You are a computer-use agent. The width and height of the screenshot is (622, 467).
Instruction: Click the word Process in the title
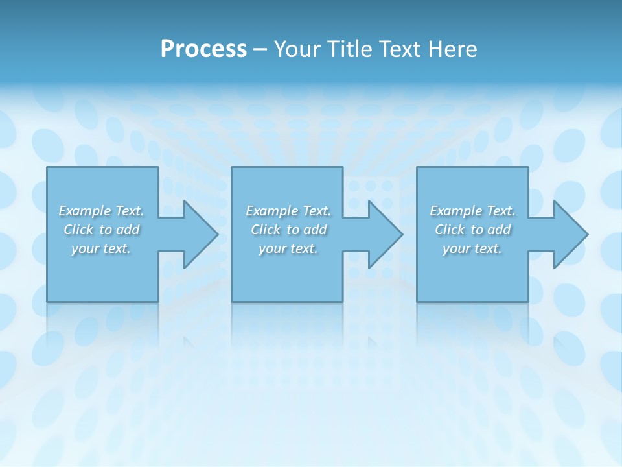pos(203,49)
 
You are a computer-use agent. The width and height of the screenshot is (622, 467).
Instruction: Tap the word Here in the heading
pos(454,49)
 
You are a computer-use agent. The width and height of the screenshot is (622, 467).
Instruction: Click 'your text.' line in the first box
pos(101,248)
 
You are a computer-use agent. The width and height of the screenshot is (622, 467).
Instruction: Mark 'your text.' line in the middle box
pos(288,248)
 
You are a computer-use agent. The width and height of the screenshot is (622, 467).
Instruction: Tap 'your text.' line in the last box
pos(472,248)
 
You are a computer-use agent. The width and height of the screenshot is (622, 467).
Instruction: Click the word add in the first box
pos(128,230)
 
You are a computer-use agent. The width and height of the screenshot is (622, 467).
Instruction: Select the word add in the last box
pos(500,230)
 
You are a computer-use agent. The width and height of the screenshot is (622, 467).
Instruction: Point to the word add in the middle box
pos(316,230)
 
